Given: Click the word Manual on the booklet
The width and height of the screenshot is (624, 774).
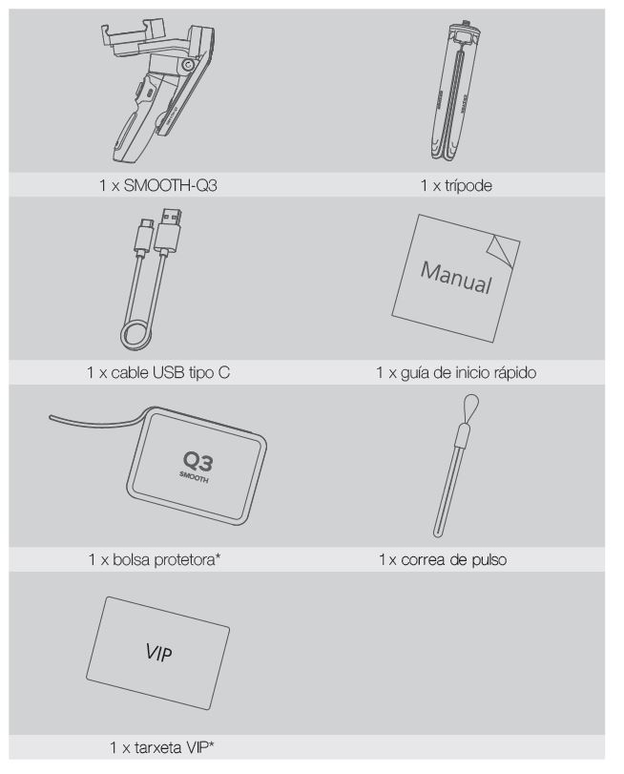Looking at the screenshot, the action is click(x=456, y=279).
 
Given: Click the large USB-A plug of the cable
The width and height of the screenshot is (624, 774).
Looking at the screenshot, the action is click(x=168, y=231).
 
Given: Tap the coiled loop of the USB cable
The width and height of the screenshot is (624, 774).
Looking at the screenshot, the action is click(x=138, y=335).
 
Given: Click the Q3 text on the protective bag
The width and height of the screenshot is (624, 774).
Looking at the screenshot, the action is click(x=198, y=462).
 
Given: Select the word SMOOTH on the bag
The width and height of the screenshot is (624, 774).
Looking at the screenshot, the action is click(x=194, y=477).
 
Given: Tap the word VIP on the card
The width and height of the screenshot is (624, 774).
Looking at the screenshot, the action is click(x=159, y=653).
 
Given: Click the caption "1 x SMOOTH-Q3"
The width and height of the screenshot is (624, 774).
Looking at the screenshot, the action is click(x=158, y=185).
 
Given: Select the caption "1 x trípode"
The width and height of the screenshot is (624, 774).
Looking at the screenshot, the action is click(x=456, y=185).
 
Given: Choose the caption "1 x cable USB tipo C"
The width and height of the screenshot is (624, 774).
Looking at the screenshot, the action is click(x=158, y=372).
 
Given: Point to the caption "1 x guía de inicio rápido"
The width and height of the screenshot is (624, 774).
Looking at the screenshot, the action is click(x=456, y=372).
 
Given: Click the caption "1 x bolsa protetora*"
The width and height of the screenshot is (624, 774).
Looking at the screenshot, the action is click(x=155, y=559).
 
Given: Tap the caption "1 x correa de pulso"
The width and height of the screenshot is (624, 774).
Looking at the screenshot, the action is click(x=443, y=559).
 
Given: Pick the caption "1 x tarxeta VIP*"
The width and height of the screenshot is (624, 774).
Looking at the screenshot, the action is click(x=162, y=747).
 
